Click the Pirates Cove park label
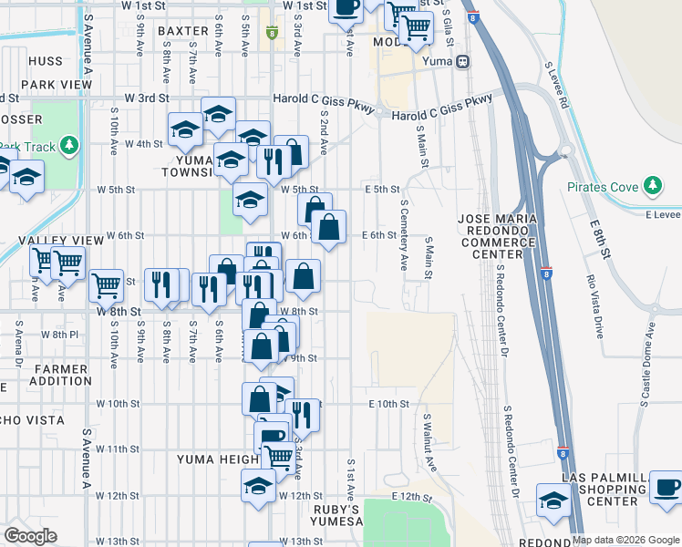[603, 187]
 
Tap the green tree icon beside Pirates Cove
[651, 187]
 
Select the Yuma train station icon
[463, 62]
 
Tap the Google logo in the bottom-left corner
[30, 536]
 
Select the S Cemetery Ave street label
[403, 237]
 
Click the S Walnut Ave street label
[428, 441]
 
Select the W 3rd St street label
[149, 97]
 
